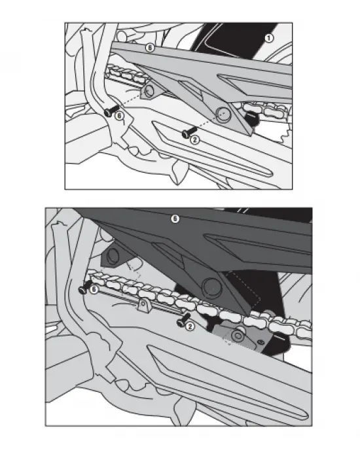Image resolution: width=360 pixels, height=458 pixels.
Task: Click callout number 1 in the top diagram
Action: click(268, 39)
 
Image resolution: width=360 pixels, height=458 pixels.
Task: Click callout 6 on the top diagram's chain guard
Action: click(149, 48)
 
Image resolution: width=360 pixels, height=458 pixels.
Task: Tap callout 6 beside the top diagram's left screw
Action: click(118, 116)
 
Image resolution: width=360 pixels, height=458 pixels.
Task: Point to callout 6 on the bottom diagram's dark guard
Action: click(175, 219)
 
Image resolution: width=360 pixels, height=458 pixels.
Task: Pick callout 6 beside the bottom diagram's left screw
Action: click(94, 288)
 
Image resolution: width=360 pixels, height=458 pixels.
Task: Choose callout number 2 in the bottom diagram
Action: click(189, 325)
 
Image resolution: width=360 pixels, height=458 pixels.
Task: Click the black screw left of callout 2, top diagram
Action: click(185, 133)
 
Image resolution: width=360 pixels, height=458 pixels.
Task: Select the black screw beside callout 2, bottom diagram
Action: click(178, 322)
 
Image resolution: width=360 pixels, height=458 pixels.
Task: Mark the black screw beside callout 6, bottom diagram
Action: click(84, 288)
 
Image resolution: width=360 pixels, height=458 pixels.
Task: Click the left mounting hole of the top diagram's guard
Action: click(152, 92)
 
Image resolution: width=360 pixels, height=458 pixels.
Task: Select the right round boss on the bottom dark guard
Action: click(211, 285)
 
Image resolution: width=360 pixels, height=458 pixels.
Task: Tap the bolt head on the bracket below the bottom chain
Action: click(240, 337)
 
